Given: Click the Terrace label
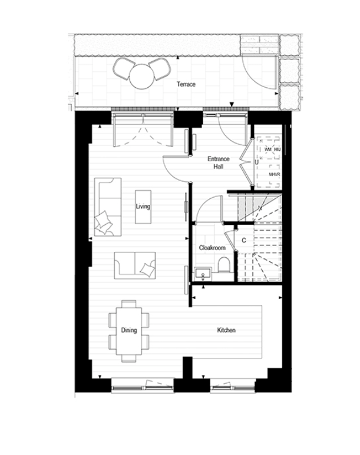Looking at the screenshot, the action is [186, 84].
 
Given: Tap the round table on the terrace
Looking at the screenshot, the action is [141, 77].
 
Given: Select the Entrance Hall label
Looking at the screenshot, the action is [219, 163].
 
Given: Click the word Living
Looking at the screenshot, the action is [143, 207].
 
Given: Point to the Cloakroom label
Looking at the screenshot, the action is [212, 248].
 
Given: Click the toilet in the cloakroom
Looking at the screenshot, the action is [224, 264].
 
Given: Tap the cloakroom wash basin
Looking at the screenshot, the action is [203, 274].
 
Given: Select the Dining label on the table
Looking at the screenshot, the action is [129, 330].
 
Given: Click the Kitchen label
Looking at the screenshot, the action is [226, 330].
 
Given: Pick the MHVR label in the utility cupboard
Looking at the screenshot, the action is [275, 175].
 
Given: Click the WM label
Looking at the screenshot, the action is [268, 150].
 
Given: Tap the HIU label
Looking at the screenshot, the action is [277, 150].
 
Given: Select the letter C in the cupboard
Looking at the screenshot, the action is [244, 240].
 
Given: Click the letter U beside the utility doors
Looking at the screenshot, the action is [256, 162].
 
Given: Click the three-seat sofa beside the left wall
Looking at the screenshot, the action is [107, 207].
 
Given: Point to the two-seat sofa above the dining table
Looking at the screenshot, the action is [135, 265].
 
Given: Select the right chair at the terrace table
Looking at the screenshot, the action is [160, 69].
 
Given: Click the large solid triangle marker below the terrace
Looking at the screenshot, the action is [232, 104].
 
